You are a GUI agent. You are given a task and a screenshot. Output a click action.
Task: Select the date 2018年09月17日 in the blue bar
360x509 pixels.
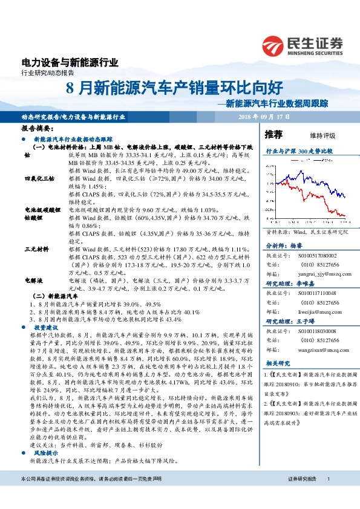[264, 116]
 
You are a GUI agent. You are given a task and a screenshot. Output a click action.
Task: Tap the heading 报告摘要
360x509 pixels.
[38, 129]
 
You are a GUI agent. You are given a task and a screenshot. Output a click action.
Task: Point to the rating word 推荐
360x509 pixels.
[274, 134]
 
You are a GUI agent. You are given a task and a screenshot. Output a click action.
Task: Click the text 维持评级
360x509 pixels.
[322, 135]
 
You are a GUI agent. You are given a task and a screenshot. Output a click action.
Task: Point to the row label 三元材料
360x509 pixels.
[36, 249]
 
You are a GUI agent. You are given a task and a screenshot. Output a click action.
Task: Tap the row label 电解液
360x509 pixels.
[33, 280]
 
